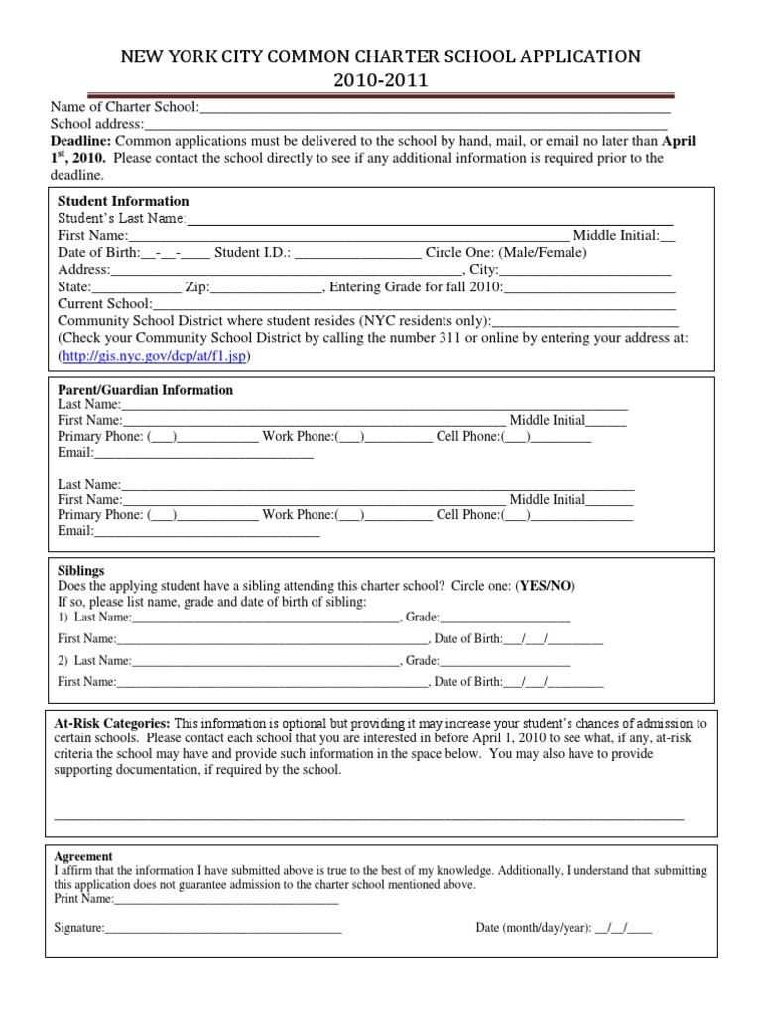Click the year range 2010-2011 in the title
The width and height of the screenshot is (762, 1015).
(x=381, y=80)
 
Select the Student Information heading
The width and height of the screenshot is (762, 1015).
(x=123, y=201)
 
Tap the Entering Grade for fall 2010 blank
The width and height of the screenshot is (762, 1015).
(x=590, y=289)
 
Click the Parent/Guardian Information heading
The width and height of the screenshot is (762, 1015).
(x=145, y=390)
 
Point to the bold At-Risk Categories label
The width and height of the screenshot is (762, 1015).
(x=112, y=723)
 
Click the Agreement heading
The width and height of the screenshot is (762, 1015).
(x=83, y=856)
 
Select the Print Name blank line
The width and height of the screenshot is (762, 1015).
(x=226, y=900)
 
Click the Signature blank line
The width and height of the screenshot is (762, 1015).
(x=223, y=929)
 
